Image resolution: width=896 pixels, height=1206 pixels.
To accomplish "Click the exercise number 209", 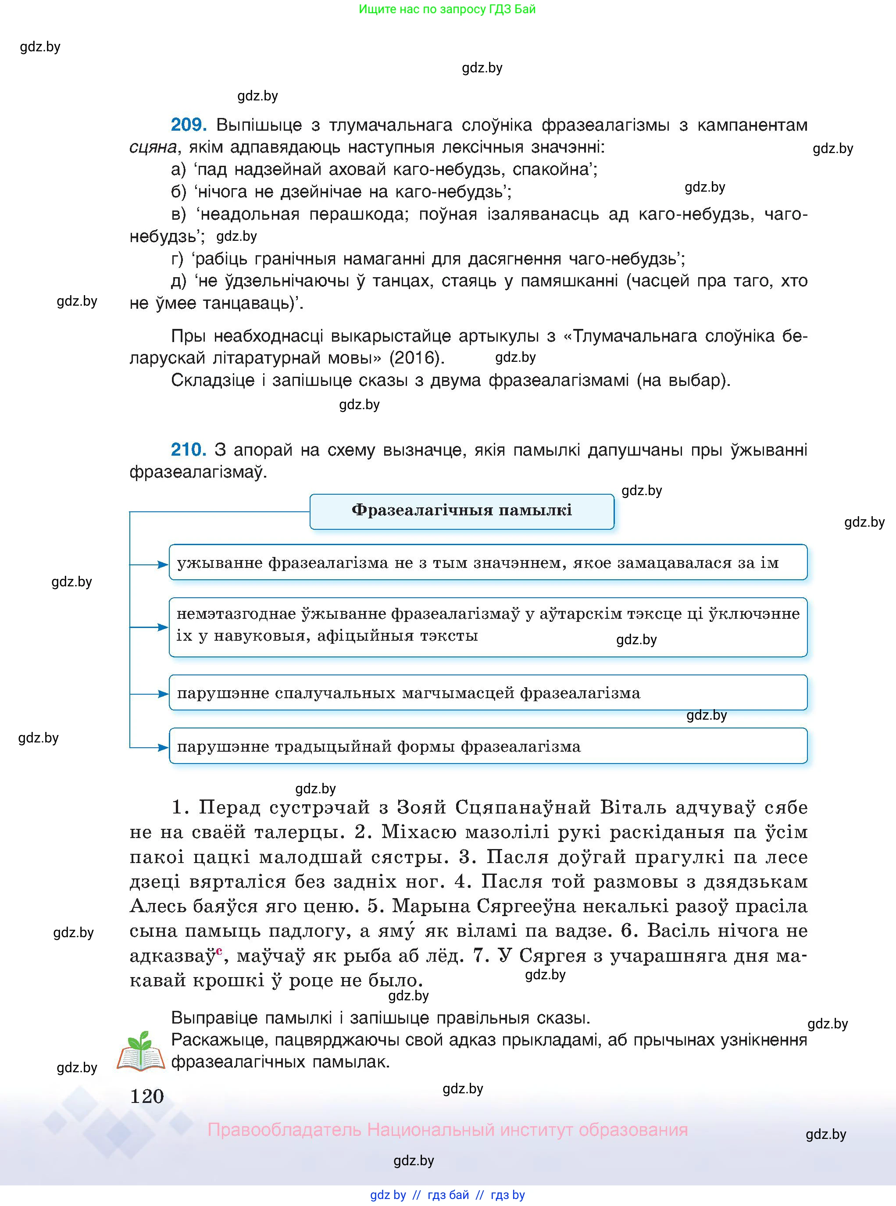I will pyautogui.click(x=188, y=125).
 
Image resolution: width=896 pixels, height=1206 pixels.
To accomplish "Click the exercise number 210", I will pyautogui.click(x=188, y=450).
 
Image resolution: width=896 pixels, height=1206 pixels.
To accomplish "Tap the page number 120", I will pyautogui.click(x=147, y=1096).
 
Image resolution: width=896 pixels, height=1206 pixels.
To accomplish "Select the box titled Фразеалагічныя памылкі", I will pyautogui.click(x=461, y=511).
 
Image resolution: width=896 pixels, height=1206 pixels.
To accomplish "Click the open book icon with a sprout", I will pyautogui.click(x=140, y=1052).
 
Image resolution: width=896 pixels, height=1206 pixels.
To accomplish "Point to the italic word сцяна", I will pyautogui.click(x=153, y=147).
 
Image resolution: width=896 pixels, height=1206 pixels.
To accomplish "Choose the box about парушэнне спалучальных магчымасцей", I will pyautogui.click(x=488, y=692).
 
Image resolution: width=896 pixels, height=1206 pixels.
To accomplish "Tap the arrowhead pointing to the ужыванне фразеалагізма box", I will pyautogui.click(x=163, y=564).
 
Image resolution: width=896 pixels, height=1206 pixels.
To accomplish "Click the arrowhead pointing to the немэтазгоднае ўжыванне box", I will pyautogui.click(x=163, y=628).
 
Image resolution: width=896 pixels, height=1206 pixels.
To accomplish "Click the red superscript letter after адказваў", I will pyautogui.click(x=219, y=949).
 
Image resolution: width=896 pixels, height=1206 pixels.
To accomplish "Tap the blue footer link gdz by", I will pyautogui.click(x=388, y=1195).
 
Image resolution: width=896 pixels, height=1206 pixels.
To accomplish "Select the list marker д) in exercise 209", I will pyautogui.click(x=178, y=281).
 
